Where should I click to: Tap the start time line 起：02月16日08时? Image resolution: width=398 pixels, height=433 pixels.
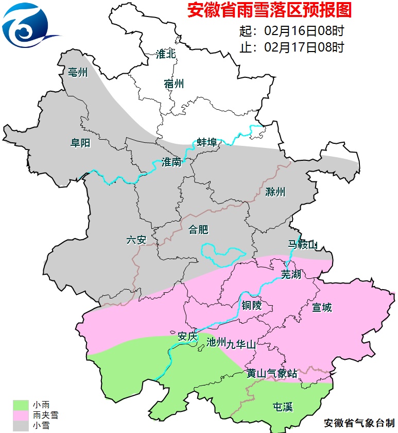click(291, 30)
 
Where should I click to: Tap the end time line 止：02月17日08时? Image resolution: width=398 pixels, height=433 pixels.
click(291, 47)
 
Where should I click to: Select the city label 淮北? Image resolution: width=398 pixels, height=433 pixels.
click(166, 54)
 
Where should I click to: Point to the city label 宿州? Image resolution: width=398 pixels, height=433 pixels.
click(174, 84)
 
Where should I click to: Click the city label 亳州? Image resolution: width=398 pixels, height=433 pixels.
click(78, 72)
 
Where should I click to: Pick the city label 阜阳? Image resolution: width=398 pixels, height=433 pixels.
click(80, 143)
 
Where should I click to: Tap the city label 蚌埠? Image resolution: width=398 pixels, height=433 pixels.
click(207, 142)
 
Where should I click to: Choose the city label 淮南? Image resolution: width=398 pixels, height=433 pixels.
click(171, 162)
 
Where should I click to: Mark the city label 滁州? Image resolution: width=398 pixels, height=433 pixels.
click(275, 192)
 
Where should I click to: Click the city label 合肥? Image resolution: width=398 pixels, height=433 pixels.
click(199, 229)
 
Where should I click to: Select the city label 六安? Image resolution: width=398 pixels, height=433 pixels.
click(137, 240)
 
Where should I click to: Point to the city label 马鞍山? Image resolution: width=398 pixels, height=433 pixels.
click(303, 244)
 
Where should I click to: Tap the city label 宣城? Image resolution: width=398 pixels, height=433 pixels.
click(322, 308)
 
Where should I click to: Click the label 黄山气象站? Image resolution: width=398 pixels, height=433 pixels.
click(271, 374)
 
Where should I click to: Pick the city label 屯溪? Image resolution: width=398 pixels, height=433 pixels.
click(282, 407)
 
